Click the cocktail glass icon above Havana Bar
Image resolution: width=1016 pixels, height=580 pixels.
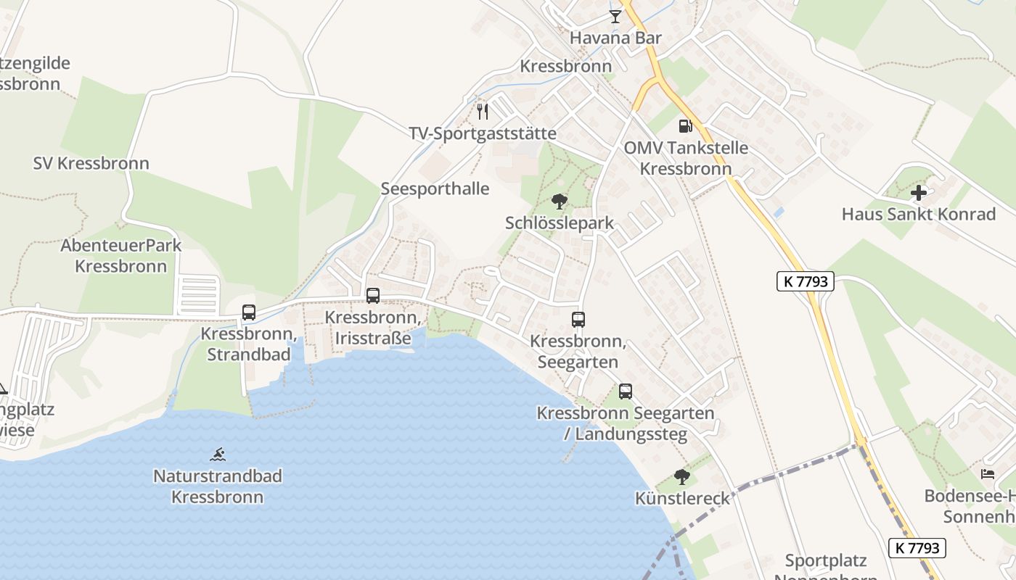[x=615, y=16]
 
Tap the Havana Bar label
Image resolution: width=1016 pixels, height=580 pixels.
[x=615, y=38]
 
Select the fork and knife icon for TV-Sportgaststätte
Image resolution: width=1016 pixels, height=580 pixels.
[x=483, y=112]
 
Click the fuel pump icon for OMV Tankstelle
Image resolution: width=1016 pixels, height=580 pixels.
[x=685, y=126]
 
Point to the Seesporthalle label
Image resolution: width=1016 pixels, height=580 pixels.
[x=435, y=189]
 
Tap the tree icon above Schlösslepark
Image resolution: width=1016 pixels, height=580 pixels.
[x=559, y=201]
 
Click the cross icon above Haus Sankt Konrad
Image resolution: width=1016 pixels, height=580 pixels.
[x=919, y=193]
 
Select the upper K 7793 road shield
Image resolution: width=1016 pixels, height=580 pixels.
[x=806, y=281]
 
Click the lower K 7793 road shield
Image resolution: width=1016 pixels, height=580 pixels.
[x=917, y=547]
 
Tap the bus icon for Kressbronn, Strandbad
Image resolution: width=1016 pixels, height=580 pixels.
[x=249, y=312]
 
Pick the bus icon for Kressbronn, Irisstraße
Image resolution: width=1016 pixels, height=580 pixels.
[x=373, y=296]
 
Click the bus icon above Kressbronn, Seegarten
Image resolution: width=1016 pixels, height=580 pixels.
[x=578, y=319]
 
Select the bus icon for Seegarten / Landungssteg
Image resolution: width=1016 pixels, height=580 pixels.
[x=626, y=391]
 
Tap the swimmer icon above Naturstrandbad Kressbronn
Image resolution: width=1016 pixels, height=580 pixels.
[x=218, y=455]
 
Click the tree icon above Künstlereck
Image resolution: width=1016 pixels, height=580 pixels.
[x=681, y=476]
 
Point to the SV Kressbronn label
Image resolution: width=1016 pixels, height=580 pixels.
[x=91, y=163]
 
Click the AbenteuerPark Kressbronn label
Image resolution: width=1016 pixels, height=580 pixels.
[x=120, y=255]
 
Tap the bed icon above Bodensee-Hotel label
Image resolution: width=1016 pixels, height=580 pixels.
[x=988, y=474]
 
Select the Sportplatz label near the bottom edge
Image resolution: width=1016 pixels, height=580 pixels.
[x=826, y=561]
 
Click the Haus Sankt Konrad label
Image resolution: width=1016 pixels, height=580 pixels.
[x=918, y=215]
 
